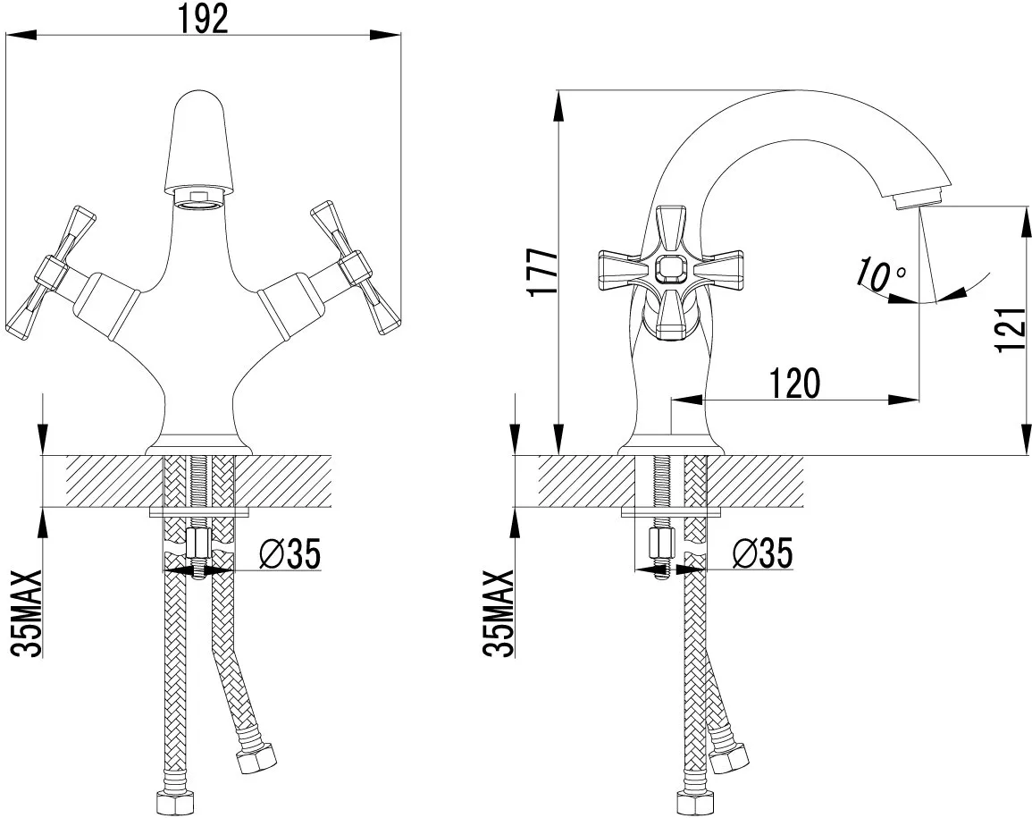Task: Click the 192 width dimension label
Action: pos(203,18)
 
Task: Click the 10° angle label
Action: pos(881,274)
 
